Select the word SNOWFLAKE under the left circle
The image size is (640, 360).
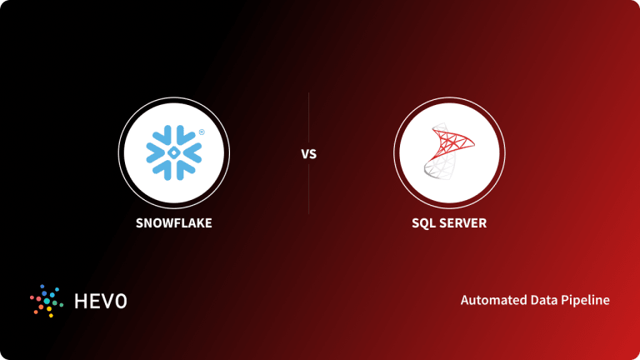coord(173,222)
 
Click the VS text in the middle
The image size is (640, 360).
coord(308,155)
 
